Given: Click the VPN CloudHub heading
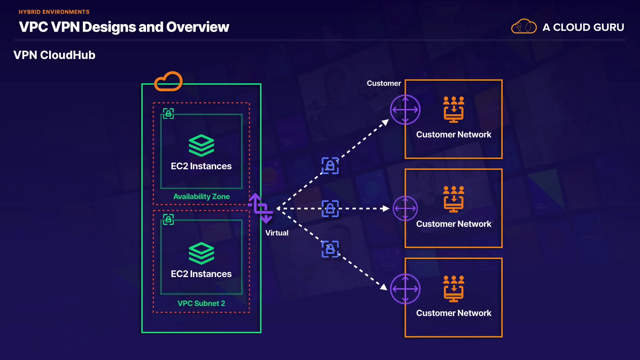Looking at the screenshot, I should tap(54, 55).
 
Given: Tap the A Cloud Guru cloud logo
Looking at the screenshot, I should tap(524, 26).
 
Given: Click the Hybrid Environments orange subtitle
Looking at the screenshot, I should tap(54, 12).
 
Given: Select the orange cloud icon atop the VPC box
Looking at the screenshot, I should tap(168, 81).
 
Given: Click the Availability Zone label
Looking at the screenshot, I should tap(201, 196).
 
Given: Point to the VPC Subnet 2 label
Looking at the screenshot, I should tap(201, 303).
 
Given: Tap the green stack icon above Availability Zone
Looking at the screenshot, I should tap(201, 145).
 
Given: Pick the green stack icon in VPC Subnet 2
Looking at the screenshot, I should tap(201, 253).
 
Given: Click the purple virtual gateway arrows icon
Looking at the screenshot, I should tap(261, 208).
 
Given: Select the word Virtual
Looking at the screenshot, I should tap(277, 233).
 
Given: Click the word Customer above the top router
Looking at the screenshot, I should tap(384, 83).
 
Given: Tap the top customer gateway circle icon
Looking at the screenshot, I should tap(405, 110).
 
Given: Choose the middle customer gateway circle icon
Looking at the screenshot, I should tap(405, 208).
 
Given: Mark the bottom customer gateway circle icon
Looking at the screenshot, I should tap(405, 289).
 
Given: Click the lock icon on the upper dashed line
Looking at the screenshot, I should tap(330, 166).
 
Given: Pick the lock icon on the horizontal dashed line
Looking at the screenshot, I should tap(330, 208).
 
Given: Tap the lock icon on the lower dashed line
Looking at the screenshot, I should tap(330, 249).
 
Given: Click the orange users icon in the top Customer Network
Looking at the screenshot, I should tap(453, 109).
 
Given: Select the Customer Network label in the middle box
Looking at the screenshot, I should tap(453, 224).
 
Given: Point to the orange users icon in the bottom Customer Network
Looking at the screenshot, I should tap(453, 289).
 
